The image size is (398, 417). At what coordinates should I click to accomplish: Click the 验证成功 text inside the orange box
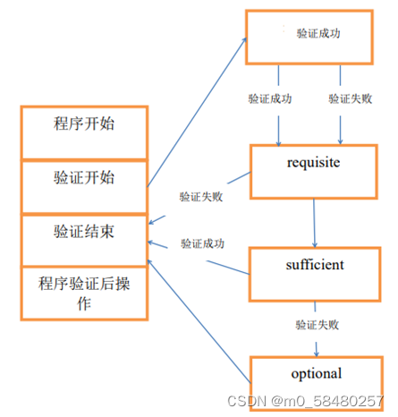click(x=318, y=33)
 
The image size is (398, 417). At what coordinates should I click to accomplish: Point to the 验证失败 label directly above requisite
click(x=351, y=98)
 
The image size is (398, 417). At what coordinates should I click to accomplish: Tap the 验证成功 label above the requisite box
click(x=270, y=98)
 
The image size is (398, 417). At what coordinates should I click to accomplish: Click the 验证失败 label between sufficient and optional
click(x=318, y=325)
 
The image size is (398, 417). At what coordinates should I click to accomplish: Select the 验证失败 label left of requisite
click(x=201, y=197)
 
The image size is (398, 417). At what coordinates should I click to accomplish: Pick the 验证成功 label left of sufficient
click(x=202, y=243)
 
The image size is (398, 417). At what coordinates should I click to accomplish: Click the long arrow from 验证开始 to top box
click(x=197, y=113)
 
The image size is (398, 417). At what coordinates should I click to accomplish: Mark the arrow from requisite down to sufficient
click(x=314, y=223)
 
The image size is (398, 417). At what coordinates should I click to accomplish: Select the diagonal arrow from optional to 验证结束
click(x=199, y=321)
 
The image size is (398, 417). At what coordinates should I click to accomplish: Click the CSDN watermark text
click(x=305, y=401)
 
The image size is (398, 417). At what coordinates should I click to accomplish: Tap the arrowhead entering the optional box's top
click(x=317, y=353)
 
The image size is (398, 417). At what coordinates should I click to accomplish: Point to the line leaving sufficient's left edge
click(x=228, y=268)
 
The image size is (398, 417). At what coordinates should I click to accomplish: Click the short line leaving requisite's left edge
click(x=239, y=178)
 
